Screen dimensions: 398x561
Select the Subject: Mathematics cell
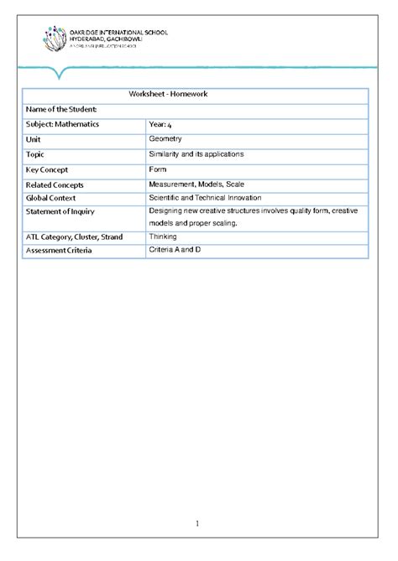coord(62,124)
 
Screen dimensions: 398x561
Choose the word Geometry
coord(166,139)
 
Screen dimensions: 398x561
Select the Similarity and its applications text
coord(196,154)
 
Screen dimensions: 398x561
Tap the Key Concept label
coord(50,169)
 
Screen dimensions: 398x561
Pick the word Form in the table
coord(158,169)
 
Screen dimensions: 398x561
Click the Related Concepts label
coord(55,184)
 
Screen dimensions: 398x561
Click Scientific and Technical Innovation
coord(205,198)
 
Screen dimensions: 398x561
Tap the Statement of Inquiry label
coord(60,212)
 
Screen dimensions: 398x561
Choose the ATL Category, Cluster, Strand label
coord(74,237)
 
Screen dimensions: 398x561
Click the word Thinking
coord(163,237)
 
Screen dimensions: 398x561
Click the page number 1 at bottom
coord(197,524)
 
